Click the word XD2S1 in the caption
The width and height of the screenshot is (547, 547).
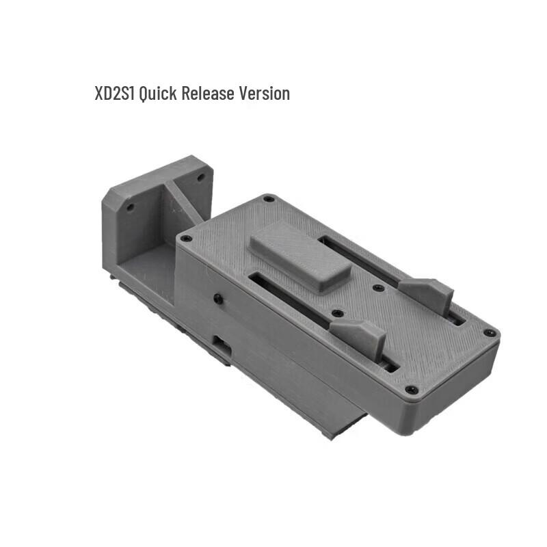115,93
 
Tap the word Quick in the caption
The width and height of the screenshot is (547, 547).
158,93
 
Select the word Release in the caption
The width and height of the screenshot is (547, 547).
208,93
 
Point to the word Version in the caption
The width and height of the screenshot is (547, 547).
264,93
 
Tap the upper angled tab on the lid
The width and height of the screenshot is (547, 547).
425,293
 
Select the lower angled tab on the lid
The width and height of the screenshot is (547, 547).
358,336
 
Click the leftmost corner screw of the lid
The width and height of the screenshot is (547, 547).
185,239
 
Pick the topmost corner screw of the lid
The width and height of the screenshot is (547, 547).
268,200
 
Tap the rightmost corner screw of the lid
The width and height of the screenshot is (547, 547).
490,333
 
